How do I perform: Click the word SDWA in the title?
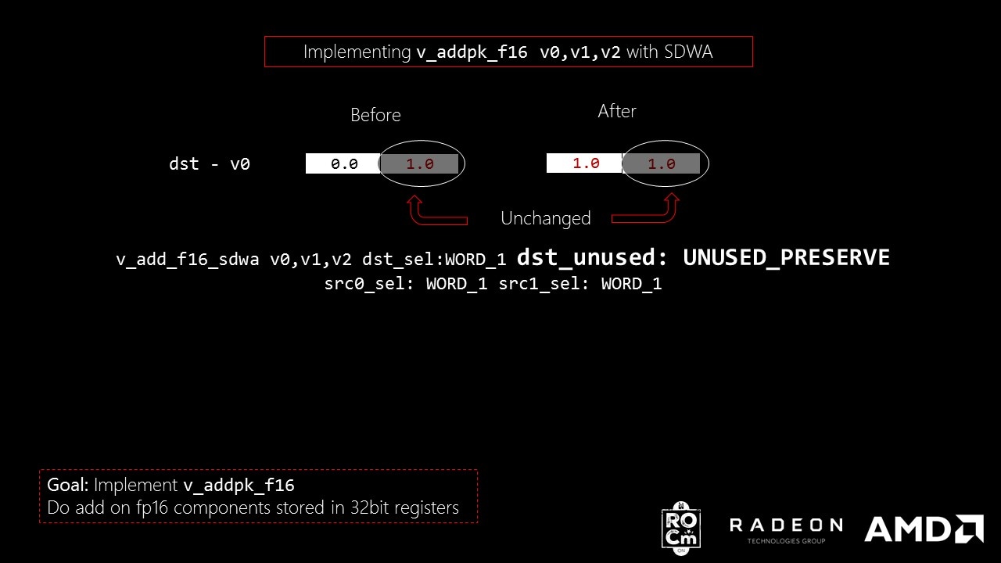(688, 52)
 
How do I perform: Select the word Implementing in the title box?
(357, 52)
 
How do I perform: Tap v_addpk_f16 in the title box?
(472, 52)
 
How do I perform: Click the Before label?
(375, 115)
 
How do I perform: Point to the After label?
(617, 111)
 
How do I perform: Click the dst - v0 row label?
(210, 164)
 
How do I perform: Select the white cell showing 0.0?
(343, 163)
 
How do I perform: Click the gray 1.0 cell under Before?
(419, 163)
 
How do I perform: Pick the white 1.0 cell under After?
(584, 163)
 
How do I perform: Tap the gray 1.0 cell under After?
(661, 163)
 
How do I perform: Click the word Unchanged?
(546, 218)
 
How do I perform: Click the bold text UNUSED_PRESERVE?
(786, 257)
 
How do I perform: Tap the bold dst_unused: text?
(592, 257)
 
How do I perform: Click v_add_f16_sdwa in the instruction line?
(187, 260)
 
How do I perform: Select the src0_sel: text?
(369, 284)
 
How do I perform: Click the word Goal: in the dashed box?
(68, 485)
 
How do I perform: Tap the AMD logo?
(924, 529)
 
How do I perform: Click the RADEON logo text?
(786, 525)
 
